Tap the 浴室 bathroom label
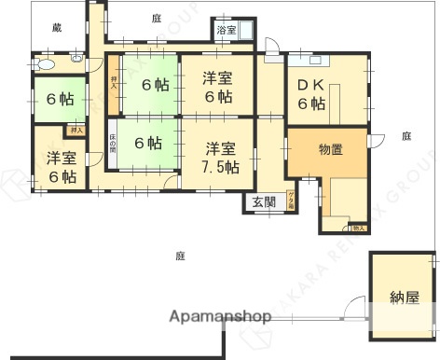226,31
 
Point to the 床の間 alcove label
111,144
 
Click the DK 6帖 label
311,93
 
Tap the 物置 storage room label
331,149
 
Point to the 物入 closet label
358,227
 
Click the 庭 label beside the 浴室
156,18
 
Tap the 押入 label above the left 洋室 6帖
76,132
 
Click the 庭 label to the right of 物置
406,136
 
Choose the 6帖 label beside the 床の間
147,144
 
